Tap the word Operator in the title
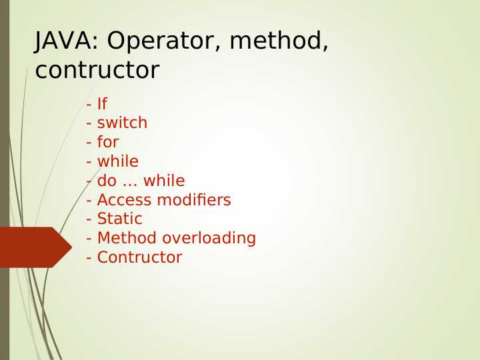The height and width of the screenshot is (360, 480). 156,41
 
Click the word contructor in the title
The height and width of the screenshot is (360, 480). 97,70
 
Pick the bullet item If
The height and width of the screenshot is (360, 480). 102,104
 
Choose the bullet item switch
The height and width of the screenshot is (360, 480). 122,123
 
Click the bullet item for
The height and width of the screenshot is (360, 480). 108,143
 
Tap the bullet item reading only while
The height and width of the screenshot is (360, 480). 118,161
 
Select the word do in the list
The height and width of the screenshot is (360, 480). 107,181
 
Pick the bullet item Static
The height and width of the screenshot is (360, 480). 119,219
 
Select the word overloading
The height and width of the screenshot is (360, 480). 209,239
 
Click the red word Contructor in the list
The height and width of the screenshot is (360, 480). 139,257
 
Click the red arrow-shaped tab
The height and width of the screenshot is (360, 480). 33,247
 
